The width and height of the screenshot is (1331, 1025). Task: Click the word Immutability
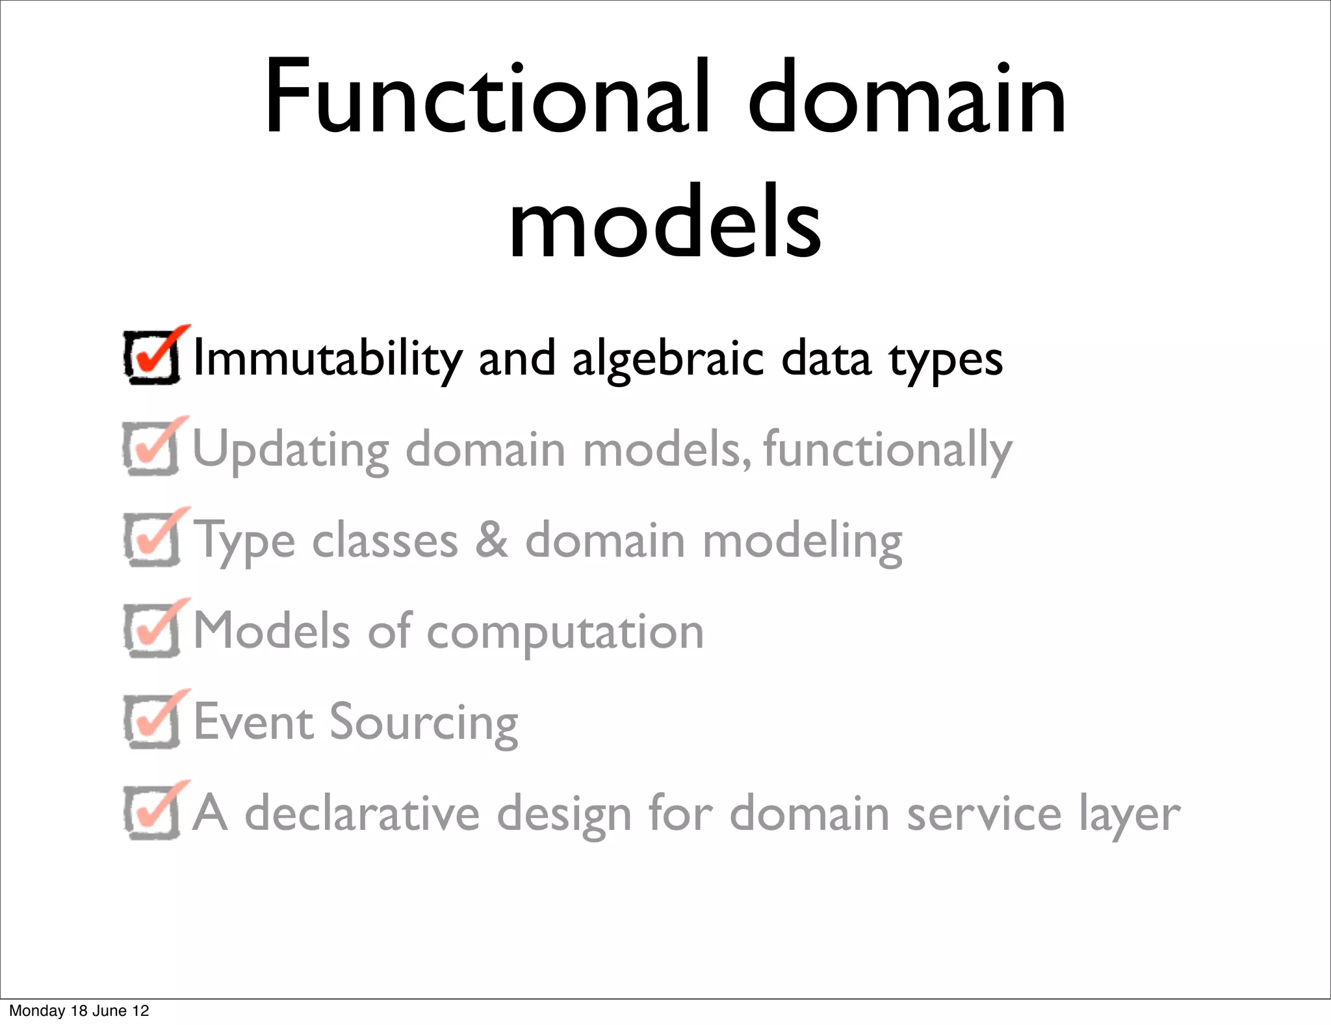click(328, 359)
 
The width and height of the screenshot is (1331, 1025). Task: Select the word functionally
click(888, 450)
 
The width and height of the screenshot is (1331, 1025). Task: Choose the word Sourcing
click(424, 723)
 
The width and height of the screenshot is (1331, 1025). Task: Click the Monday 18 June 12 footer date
click(79, 1011)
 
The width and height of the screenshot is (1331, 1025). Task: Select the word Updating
click(291, 450)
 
